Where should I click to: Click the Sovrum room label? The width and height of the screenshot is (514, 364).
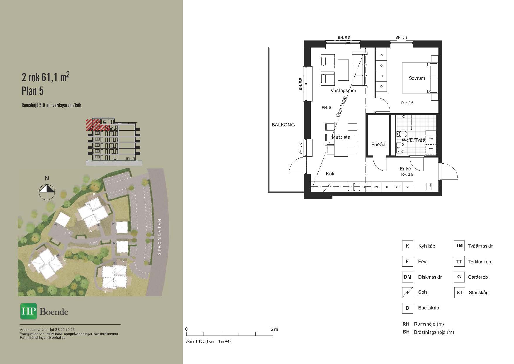click(x=417, y=78)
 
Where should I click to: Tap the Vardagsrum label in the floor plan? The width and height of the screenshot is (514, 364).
click(x=343, y=91)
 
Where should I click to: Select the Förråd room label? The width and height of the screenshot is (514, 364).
click(x=378, y=144)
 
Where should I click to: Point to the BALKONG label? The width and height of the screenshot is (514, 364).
click(x=283, y=125)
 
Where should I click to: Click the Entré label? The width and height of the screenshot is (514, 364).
click(x=405, y=169)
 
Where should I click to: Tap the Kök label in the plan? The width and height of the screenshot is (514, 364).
click(x=330, y=174)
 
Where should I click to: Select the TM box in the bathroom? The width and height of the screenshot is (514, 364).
click(x=431, y=140)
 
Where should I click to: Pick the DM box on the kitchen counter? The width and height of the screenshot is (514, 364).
click(x=366, y=187)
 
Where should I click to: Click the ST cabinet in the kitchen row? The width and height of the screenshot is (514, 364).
click(x=397, y=187)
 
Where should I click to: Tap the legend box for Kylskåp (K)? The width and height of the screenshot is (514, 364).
click(x=407, y=246)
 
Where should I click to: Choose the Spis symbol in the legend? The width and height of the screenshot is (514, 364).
click(x=407, y=292)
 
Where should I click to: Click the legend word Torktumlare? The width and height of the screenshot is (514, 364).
click(x=480, y=262)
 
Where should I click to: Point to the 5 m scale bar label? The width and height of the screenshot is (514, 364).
click(x=274, y=329)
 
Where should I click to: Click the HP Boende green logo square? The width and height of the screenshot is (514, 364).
click(x=29, y=311)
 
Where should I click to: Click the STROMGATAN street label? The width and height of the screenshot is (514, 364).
click(x=160, y=237)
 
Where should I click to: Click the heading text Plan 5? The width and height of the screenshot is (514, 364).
click(x=33, y=91)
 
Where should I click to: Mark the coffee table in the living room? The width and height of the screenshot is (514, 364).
click(x=344, y=70)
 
